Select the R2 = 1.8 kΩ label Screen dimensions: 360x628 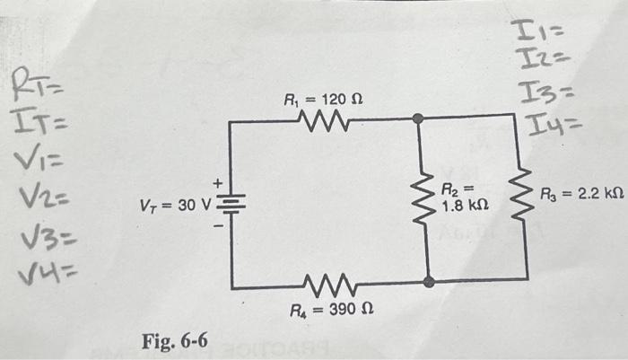tap(464, 198)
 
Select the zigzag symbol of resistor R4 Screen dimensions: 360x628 tap(328, 287)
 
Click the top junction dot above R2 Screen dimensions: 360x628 tap(416, 119)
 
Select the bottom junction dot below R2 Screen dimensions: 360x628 tap(429, 282)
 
